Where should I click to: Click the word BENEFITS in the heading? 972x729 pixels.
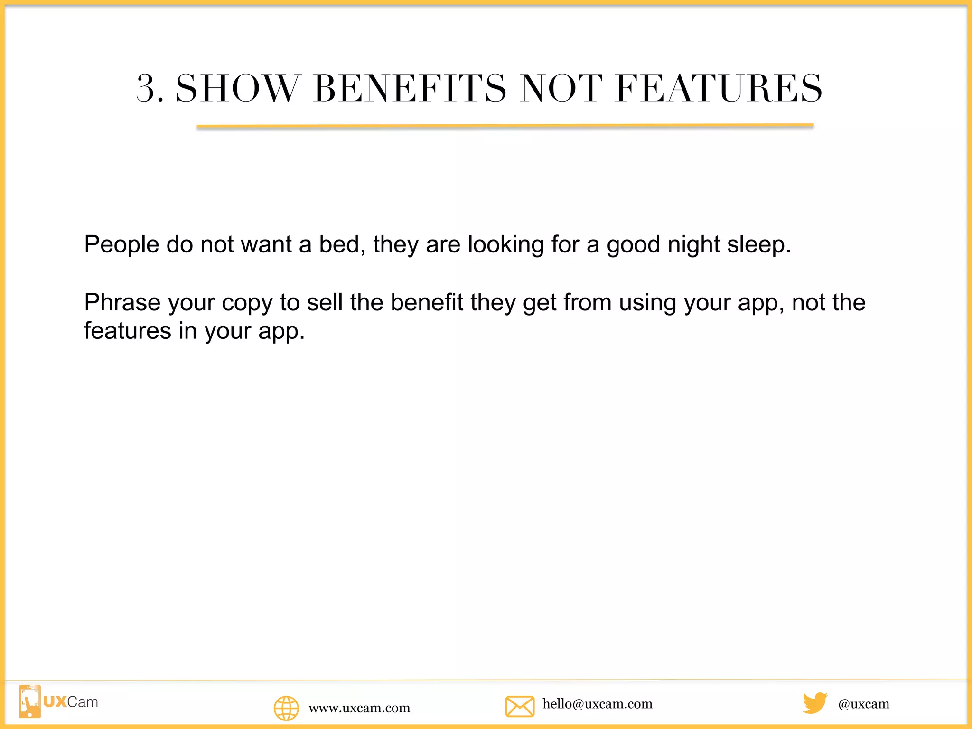410,89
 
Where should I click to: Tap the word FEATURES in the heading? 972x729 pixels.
719,89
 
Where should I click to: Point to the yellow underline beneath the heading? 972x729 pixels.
505,126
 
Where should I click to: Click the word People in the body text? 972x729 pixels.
121,245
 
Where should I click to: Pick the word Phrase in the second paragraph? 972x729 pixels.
122,303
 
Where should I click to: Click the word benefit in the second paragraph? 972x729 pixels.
427,303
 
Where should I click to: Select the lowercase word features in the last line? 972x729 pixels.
128,331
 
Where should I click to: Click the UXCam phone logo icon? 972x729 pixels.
30,701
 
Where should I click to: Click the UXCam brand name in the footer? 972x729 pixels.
71,702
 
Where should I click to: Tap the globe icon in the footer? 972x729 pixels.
286,708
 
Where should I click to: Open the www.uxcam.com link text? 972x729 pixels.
359,708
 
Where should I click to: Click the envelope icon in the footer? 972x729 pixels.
520,706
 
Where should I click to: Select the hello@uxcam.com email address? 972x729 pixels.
598,704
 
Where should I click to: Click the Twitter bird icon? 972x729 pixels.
815,703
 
